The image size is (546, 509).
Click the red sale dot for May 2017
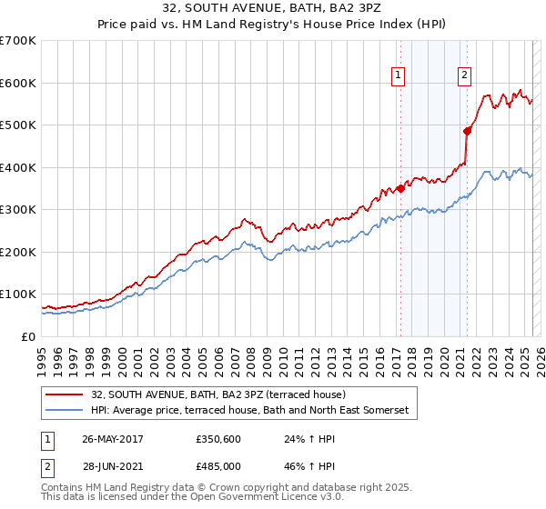click(399, 188)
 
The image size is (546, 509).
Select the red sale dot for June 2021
click(468, 131)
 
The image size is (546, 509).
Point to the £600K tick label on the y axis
click(18, 83)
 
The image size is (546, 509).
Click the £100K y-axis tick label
click(18, 294)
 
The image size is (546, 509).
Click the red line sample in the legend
click(65, 395)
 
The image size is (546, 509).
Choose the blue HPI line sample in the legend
click(65, 411)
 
